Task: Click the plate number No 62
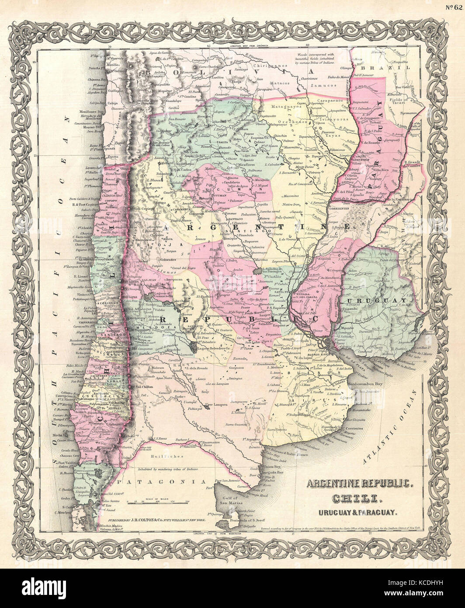tap(455, 6)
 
